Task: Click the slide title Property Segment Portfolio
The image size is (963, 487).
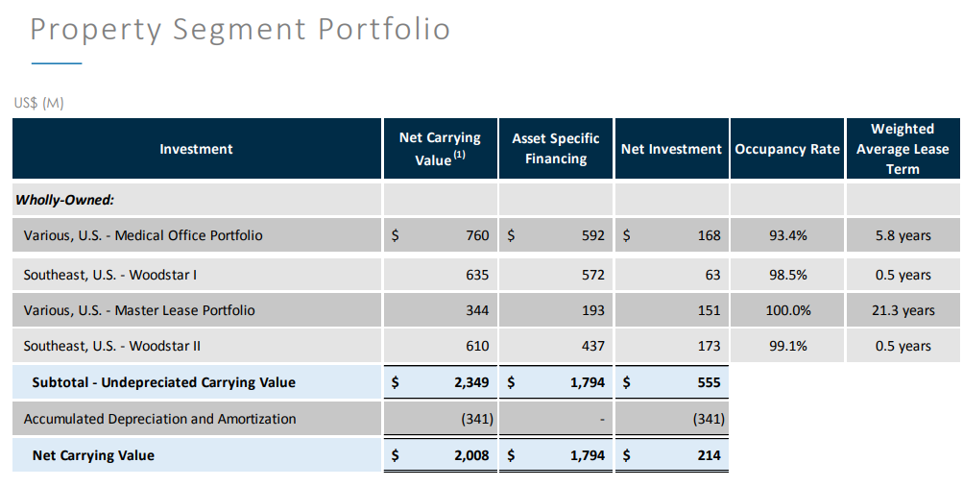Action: pos(240,29)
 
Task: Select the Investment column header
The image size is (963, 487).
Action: pos(196,149)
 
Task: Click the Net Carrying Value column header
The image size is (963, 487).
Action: pos(440,149)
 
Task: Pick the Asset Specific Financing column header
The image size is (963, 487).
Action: pos(556,149)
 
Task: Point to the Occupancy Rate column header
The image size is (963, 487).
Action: pos(787,149)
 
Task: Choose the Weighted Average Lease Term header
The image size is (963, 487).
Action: pos(903,149)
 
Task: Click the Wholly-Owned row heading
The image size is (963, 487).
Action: pos(65,200)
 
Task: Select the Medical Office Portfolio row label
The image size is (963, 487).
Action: pos(143,235)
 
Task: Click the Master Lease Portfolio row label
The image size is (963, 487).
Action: pos(139,310)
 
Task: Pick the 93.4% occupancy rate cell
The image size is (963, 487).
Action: pos(787,235)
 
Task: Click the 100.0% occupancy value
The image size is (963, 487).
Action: pos(787,310)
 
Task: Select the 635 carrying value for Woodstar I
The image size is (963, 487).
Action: pos(477,275)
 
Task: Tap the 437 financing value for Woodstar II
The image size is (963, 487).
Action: pos(592,346)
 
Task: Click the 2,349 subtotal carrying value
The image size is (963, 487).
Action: pos(471,382)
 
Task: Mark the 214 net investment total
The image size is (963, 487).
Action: pos(709,455)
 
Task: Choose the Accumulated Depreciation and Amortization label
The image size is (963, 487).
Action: pos(159,419)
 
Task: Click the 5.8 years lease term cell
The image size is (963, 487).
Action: pos(903,235)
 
